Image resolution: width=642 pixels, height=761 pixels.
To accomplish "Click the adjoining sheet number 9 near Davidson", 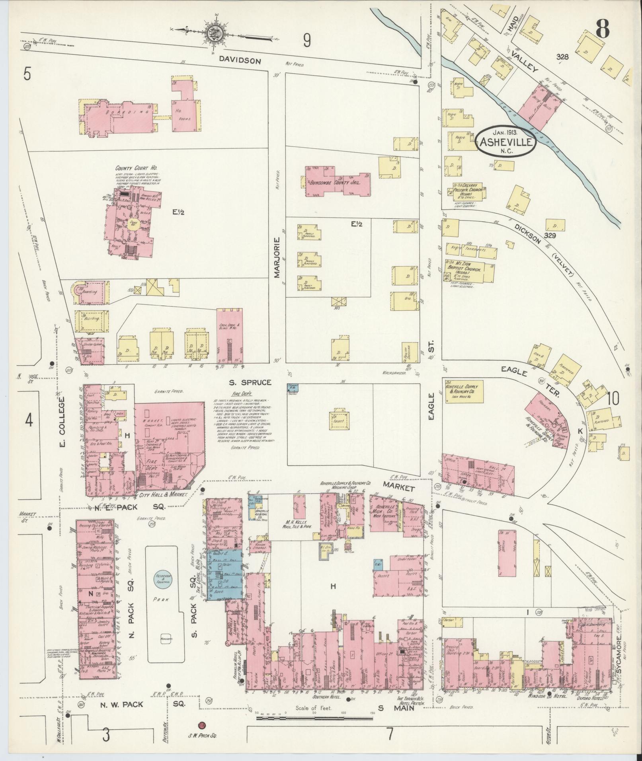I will tap(306, 40).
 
